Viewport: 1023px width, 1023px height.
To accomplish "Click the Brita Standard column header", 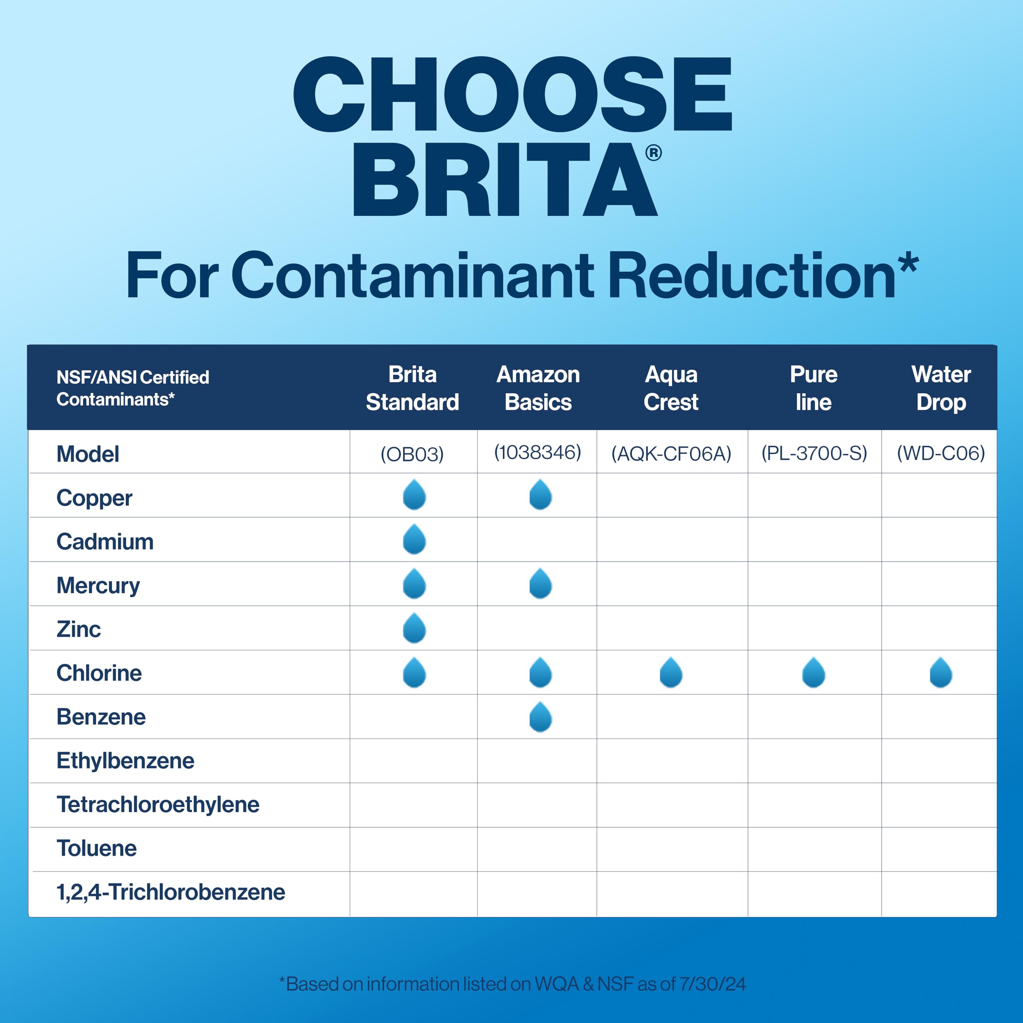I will point(412,388).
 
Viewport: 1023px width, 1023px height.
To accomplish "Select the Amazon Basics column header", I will point(538,388).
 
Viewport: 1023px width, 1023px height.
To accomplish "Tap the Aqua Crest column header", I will point(671,388).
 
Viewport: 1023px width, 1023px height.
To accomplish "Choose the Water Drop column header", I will point(941,388).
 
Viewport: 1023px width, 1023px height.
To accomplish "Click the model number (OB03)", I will point(412,454).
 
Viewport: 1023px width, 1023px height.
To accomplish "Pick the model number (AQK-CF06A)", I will point(671,454).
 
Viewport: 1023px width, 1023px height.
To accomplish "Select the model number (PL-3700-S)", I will point(814,453).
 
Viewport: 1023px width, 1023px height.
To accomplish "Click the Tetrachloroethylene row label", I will point(158,804).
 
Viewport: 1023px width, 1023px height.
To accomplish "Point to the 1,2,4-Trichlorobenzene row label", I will point(171,892).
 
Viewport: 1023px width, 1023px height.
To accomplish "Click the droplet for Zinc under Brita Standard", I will point(414,628).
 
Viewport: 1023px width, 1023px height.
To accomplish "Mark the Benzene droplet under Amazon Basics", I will point(541,717).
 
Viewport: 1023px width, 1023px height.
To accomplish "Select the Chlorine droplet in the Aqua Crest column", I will point(671,673).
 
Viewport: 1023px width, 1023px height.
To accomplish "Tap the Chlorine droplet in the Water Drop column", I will point(941,673).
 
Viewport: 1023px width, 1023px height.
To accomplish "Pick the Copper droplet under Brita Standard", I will point(414,495).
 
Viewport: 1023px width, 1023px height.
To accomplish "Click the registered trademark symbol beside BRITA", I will point(653,153).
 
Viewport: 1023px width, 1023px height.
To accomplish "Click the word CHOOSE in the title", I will point(513,94).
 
